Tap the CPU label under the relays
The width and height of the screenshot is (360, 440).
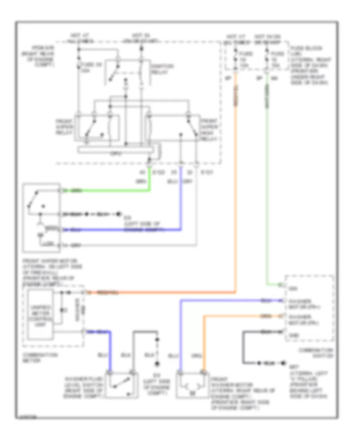click(x=118, y=153)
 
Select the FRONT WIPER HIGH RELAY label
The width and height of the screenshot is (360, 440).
click(x=209, y=129)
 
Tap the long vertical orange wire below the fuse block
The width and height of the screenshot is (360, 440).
click(x=236, y=180)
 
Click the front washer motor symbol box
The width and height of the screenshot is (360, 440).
click(x=193, y=385)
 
